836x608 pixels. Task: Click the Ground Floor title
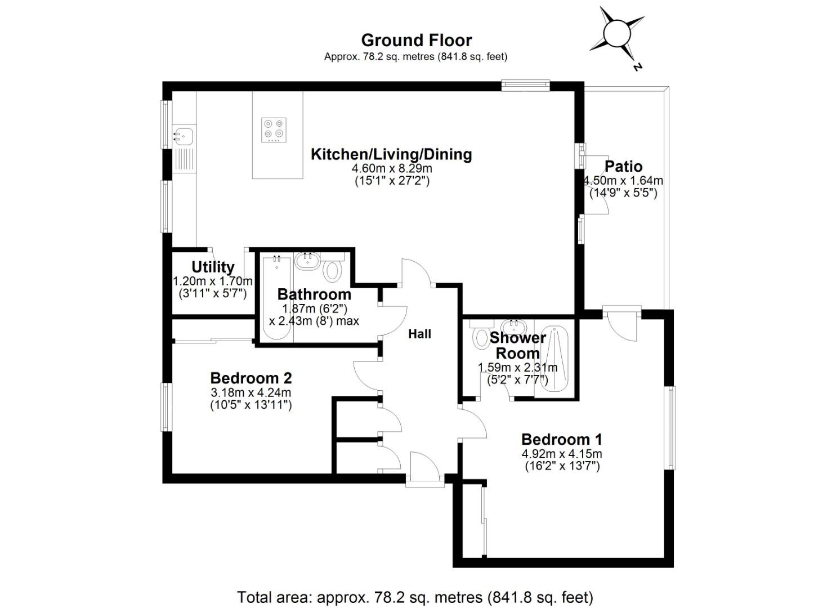click(416, 40)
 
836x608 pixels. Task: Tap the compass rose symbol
click(616, 35)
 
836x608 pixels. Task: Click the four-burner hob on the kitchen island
click(274, 129)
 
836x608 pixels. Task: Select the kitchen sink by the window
click(183, 135)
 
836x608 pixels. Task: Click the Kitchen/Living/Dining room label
click(391, 154)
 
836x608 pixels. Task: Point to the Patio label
click(623, 167)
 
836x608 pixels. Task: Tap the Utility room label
click(213, 267)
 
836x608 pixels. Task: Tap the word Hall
click(419, 334)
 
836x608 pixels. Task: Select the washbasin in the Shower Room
click(513, 327)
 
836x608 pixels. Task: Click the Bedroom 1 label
click(561, 439)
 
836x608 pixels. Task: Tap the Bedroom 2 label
click(251, 378)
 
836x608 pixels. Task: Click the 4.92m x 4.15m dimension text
click(561, 454)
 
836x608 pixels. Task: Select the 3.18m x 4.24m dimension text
click(251, 392)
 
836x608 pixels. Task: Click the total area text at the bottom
click(415, 597)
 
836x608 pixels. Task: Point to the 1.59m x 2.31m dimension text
click(517, 368)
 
